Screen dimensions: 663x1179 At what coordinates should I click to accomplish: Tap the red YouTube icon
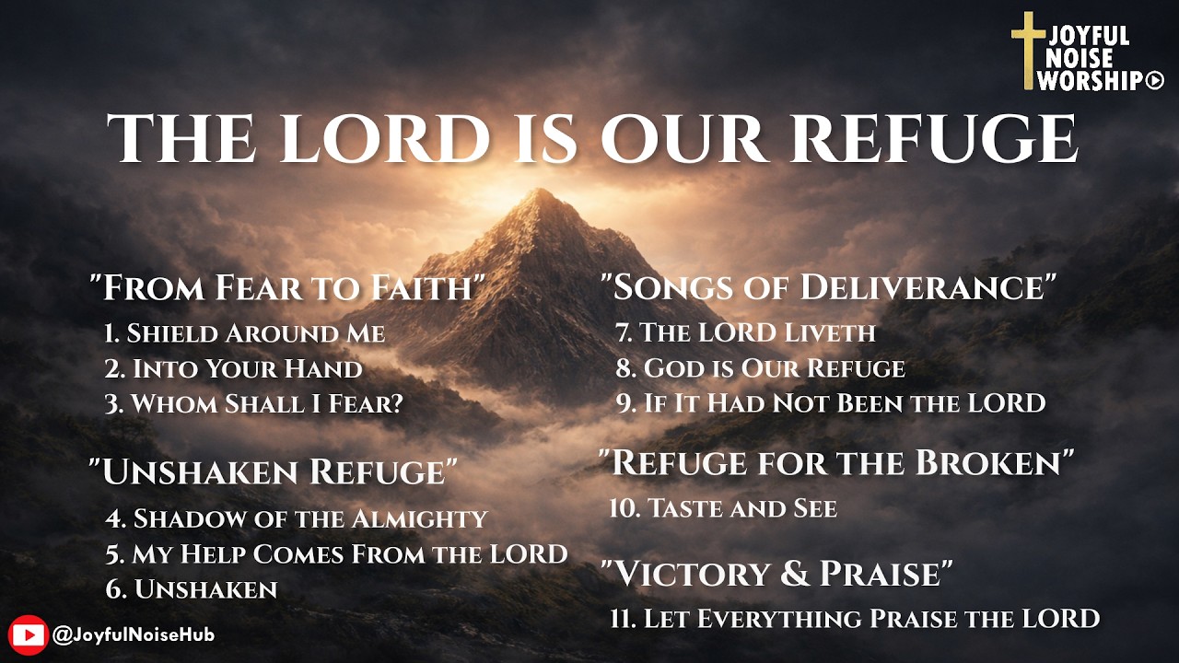28,634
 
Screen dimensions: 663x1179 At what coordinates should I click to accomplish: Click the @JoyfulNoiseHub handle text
134,635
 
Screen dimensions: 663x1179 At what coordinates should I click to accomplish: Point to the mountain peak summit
537,195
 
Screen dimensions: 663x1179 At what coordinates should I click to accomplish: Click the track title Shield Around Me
244,333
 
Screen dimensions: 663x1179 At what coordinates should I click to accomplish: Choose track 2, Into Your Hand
233,369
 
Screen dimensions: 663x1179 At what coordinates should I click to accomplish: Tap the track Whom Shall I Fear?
253,404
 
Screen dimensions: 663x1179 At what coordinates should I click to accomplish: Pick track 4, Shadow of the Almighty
296,518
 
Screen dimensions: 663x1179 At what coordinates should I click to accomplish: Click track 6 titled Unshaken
192,589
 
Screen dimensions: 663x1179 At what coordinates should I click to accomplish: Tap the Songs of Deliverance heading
827,287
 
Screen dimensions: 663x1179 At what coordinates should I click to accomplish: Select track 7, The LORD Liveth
745,331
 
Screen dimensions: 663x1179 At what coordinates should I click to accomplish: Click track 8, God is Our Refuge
760,368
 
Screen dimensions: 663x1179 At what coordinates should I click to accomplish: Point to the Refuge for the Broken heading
836,463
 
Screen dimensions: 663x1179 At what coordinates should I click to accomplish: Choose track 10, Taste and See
723,507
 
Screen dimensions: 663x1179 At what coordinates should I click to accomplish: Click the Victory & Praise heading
776,574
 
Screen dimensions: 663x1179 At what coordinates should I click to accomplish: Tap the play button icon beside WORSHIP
1155,81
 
